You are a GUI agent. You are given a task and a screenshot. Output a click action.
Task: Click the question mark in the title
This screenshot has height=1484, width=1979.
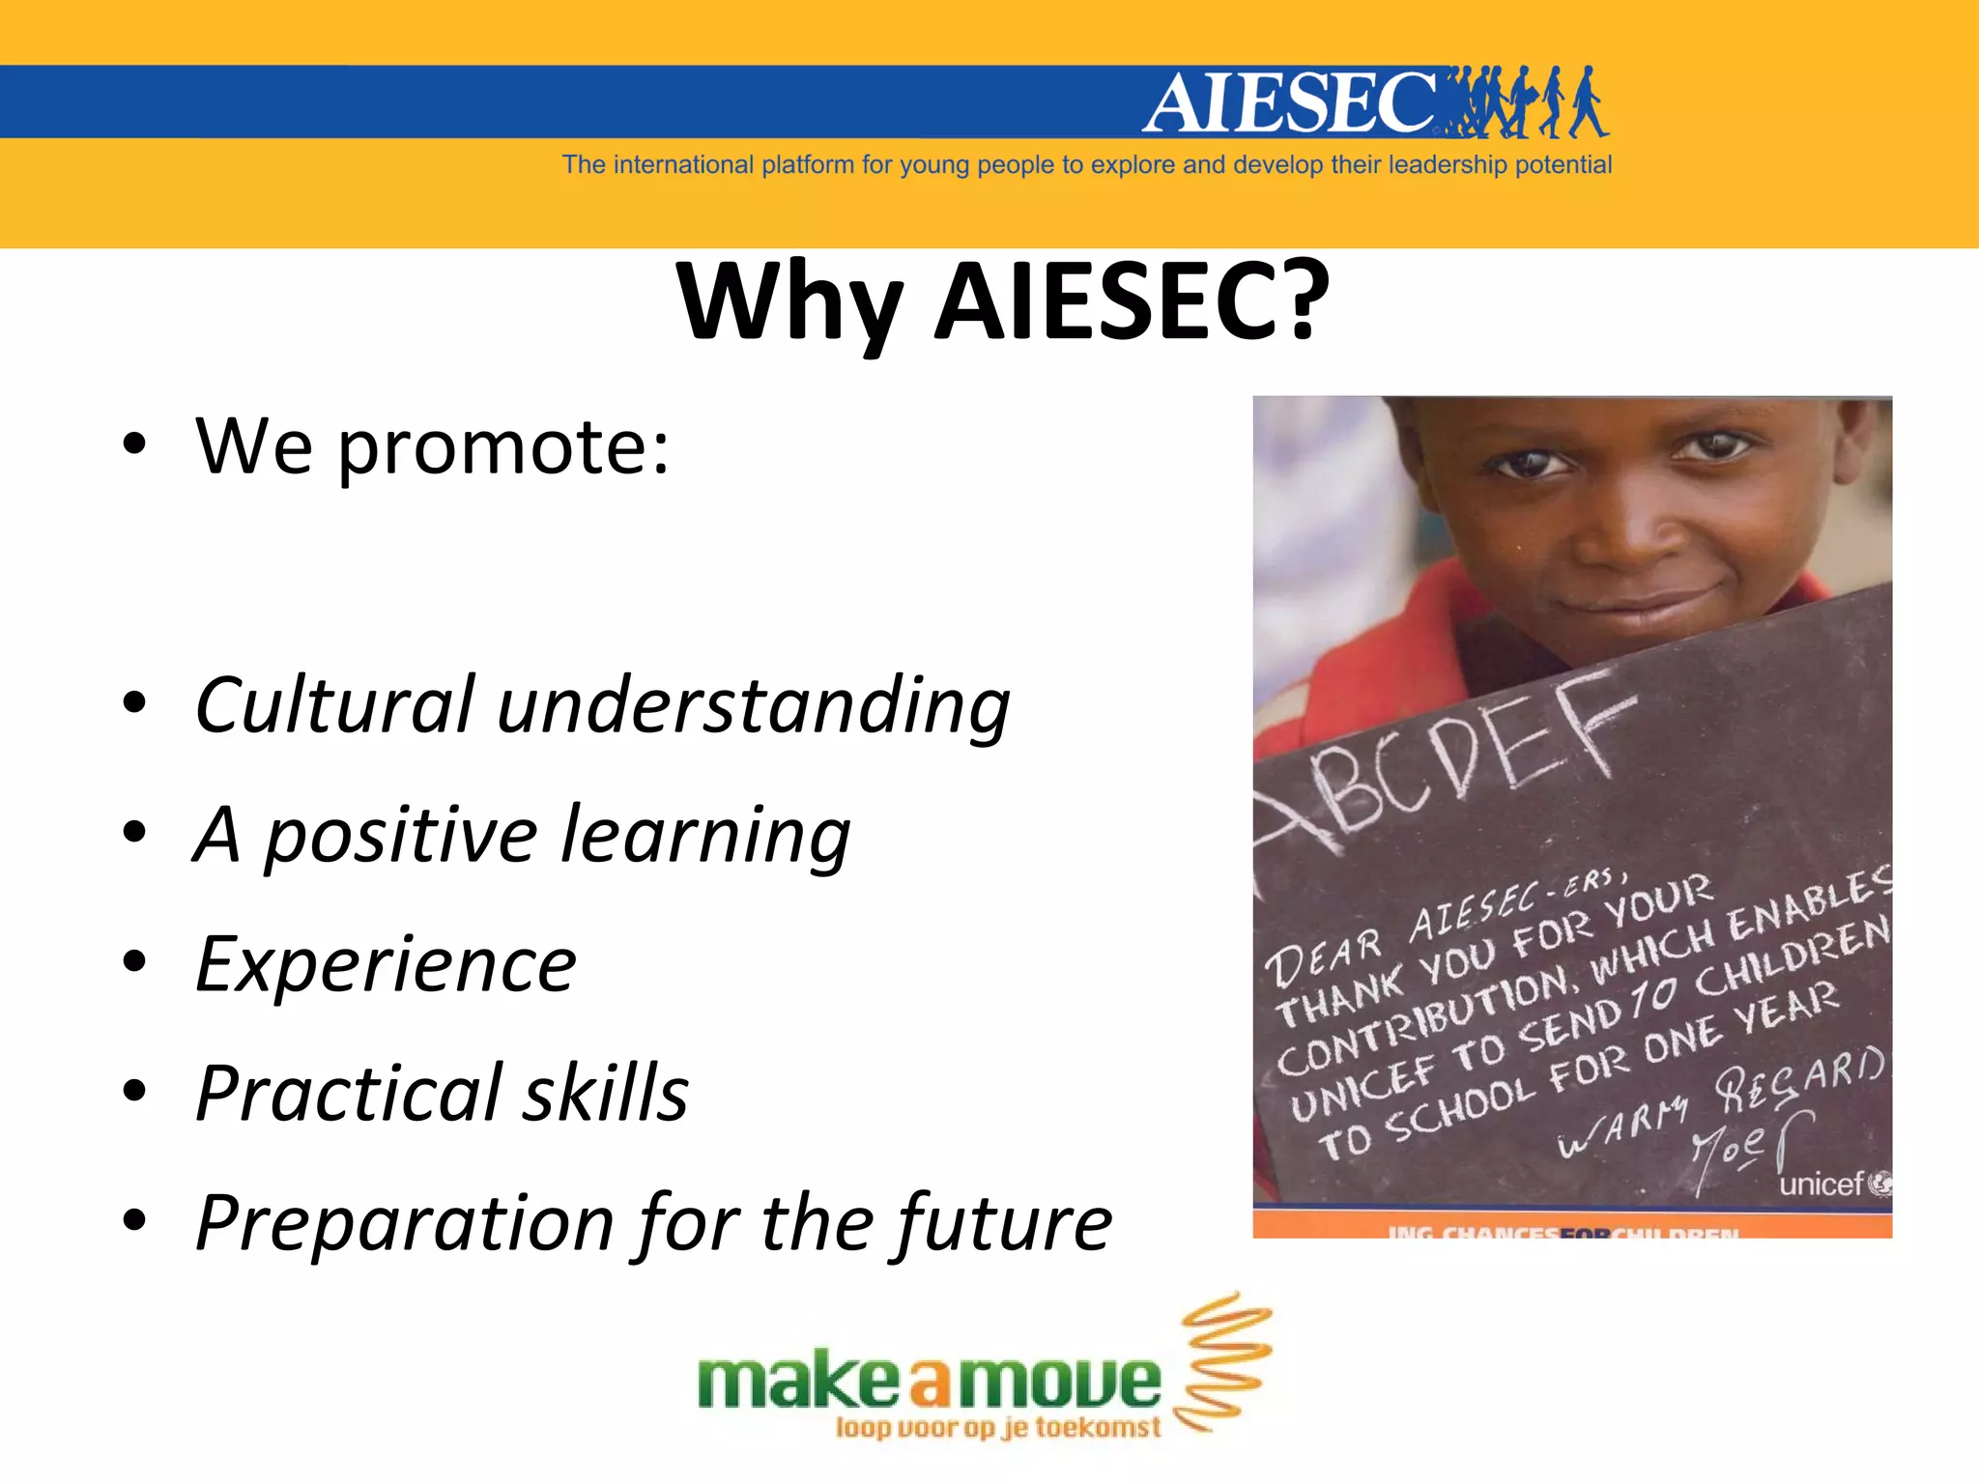coord(1298,300)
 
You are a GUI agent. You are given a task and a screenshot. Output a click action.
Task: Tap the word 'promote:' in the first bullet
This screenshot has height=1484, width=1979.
coord(502,447)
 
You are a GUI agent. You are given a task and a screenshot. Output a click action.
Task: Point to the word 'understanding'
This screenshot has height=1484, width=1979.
coord(754,706)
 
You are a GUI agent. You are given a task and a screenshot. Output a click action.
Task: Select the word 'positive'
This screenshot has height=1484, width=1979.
coord(401,836)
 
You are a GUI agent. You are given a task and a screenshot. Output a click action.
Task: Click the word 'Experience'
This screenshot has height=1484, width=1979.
coord(386,964)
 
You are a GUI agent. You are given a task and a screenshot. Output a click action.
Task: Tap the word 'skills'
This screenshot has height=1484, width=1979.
coord(606,1093)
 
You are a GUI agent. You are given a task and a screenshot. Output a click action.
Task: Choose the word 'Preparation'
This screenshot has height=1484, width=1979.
coord(405,1223)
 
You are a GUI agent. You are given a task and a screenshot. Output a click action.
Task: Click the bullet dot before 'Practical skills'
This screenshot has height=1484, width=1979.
coord(134,1091)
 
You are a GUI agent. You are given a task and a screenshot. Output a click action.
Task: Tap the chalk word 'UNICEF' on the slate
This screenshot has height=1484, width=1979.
coord(1363,1086)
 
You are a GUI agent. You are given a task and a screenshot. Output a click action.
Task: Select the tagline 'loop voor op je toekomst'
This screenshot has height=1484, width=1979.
coord(997,1428)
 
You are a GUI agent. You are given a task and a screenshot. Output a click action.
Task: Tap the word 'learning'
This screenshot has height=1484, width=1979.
coord(705,836)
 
